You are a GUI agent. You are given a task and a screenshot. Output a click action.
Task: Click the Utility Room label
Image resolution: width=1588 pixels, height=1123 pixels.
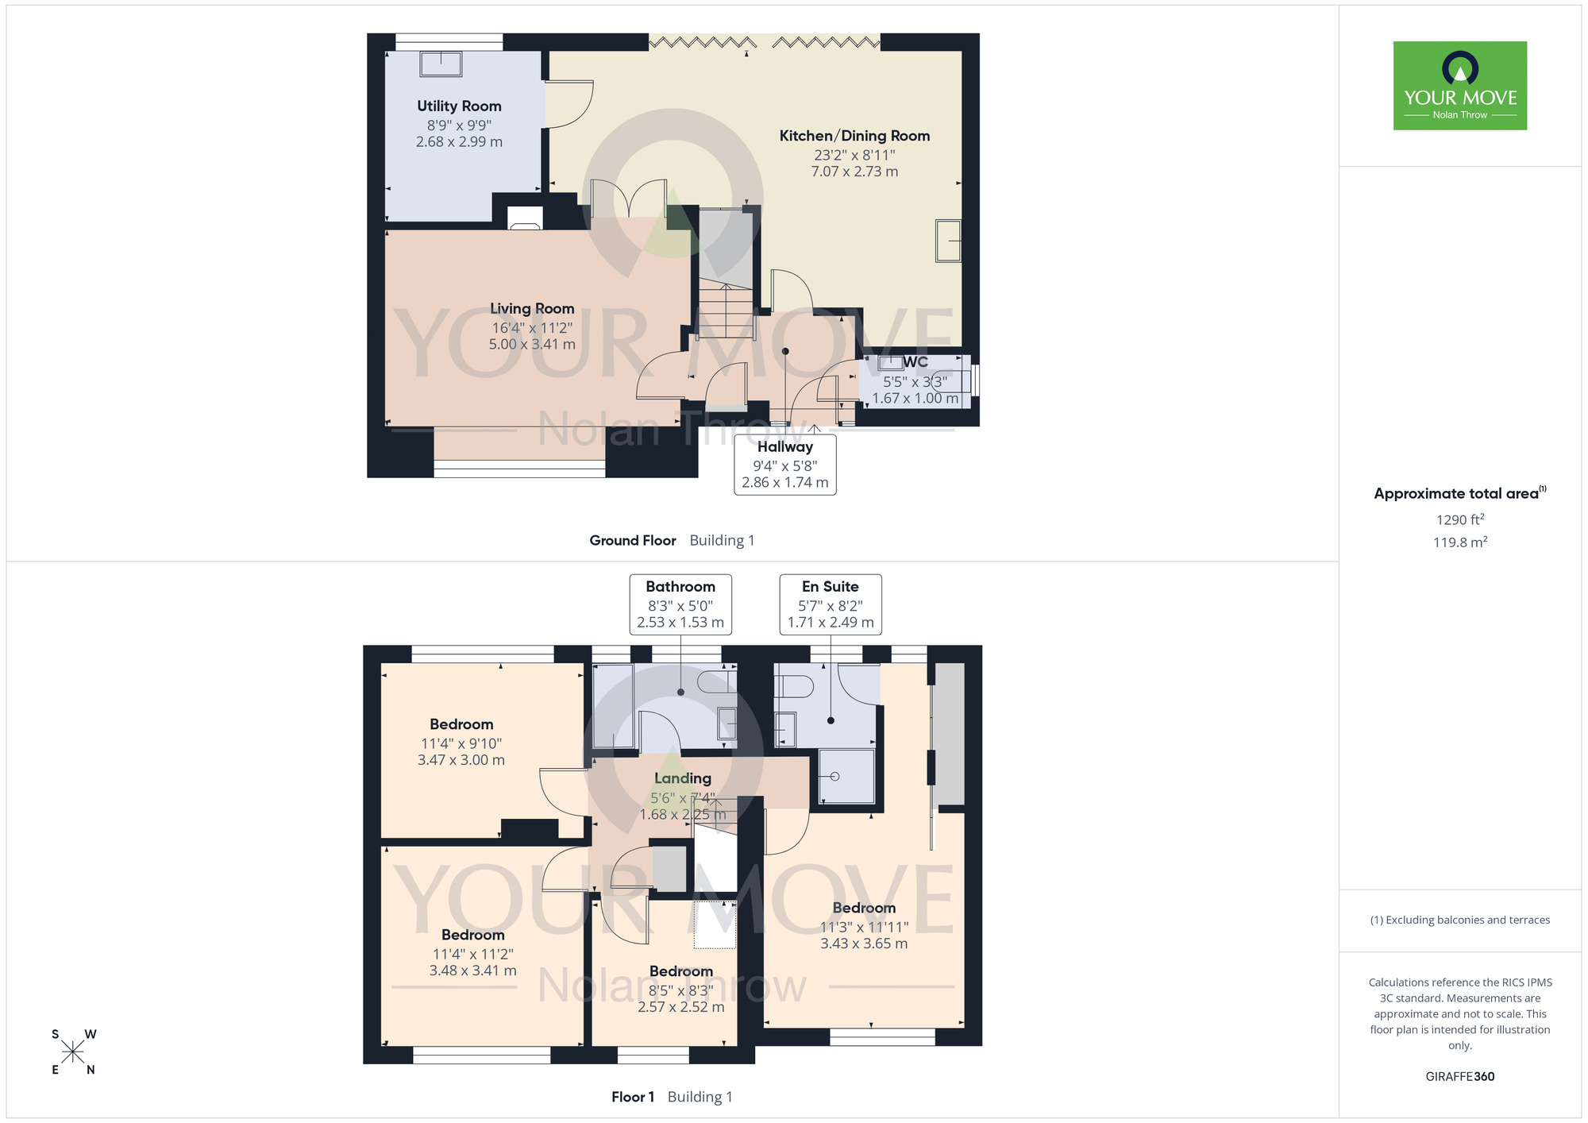pos(459,106)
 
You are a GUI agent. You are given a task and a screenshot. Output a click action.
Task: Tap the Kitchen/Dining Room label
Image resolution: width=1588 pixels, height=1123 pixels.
pos(854,136)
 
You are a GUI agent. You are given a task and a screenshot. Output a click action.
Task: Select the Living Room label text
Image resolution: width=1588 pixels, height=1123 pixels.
pos(532,309)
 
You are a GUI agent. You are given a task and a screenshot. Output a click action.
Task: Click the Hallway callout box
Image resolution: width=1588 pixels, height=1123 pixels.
pos(785,465)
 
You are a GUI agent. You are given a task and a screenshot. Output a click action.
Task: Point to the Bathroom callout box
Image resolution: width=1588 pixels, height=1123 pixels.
pos(680,604)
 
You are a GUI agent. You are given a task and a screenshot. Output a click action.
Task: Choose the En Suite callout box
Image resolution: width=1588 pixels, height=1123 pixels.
pos(831,604)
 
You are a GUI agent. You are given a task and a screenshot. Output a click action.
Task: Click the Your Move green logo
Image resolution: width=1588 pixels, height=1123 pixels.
pos(1460,86)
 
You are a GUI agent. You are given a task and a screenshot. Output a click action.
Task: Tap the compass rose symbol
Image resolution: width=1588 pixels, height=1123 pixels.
pos(73,1052)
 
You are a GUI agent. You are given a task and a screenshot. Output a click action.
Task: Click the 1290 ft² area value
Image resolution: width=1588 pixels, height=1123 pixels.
pos(1460,519)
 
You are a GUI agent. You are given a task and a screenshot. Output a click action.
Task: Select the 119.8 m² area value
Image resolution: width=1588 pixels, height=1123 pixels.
pos(1460,542)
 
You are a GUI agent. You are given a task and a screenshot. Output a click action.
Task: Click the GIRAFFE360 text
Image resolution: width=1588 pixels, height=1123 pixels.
pos(1460,1077)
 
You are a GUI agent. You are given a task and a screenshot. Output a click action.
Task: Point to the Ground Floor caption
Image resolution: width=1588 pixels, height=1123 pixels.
pos(633,541)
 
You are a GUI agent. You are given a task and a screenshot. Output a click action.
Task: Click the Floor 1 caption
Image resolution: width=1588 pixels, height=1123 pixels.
pos(633,1097)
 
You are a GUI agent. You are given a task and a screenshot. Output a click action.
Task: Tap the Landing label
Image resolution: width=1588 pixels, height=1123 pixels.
pos(683,778)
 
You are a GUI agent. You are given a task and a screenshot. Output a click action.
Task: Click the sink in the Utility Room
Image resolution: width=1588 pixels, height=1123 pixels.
pos(441,64)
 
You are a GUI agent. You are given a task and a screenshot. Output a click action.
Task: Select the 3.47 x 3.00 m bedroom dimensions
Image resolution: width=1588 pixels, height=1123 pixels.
pos(461,760)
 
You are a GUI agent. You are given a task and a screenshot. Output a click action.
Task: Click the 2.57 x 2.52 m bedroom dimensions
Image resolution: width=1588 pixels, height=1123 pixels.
pos(681,1007)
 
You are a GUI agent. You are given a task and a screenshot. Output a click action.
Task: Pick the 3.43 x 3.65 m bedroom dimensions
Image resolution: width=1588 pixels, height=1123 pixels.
pos(864,944)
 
